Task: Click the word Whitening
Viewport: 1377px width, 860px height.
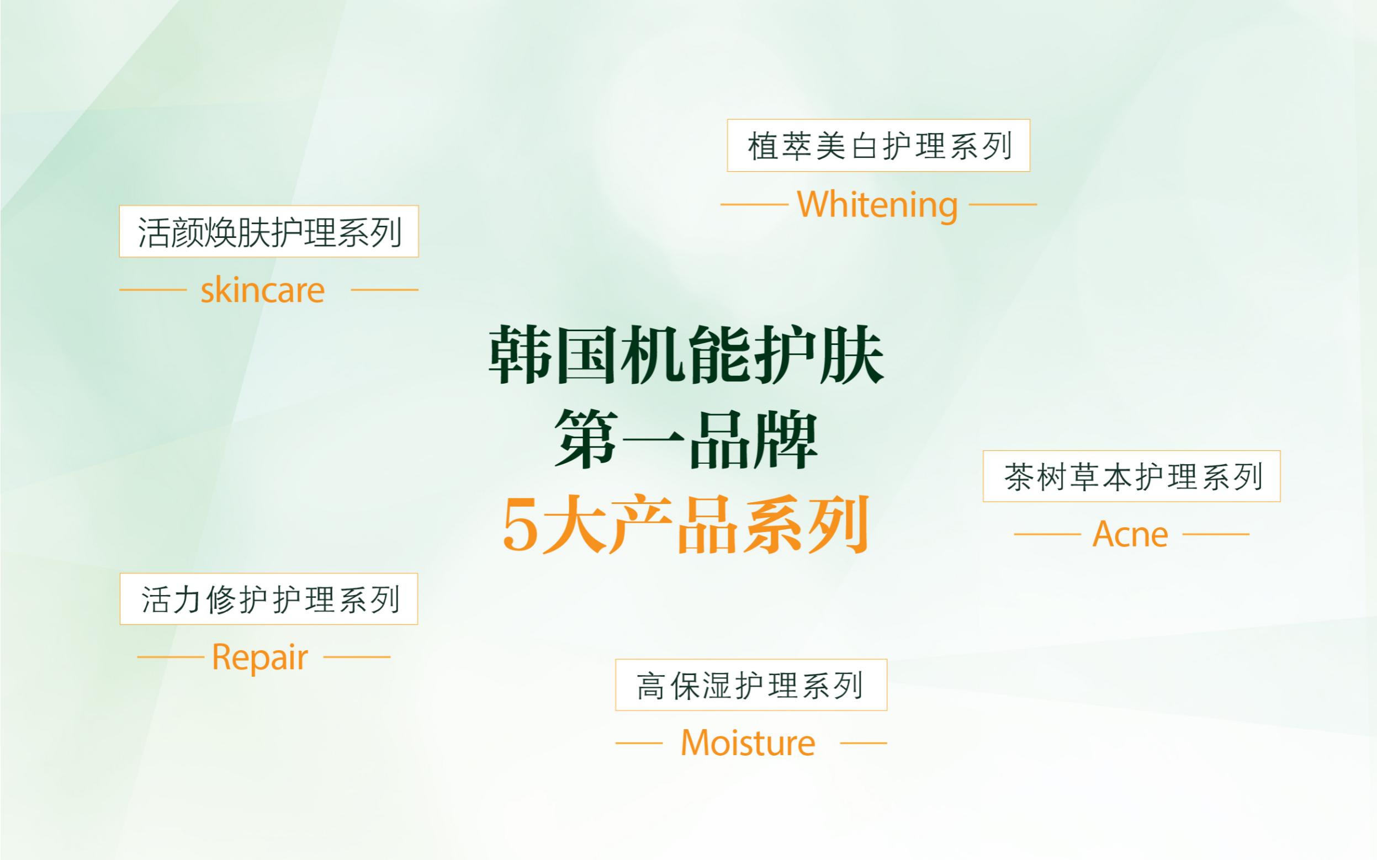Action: (x=878, y=205)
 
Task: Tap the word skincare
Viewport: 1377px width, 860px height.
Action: (x=263, y=291)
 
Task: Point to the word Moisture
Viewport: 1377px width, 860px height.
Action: (x=748, y=743)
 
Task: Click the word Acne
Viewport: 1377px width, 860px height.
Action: (x=1130, y=535)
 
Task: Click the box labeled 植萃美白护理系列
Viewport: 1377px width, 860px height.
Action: (x=878, y=146)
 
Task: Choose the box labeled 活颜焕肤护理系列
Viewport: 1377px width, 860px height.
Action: (x=268, y=231)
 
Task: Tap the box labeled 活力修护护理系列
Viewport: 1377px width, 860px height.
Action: (x=268, y=599)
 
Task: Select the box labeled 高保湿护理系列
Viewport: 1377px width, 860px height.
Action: (x=751, y=685)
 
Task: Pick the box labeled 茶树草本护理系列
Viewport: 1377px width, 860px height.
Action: (x=1131, y=476)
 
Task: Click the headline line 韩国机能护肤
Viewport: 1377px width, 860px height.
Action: (x=686, y=356)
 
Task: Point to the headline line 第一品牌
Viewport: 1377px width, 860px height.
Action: (x=686, y=441)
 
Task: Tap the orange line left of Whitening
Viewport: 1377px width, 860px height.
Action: (x=754, y=204)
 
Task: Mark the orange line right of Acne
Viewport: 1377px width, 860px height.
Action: (x=1215, y=535)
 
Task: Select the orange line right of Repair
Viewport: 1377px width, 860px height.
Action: (x=357, y=657)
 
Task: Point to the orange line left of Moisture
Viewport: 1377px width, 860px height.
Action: (x=639, y=743)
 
